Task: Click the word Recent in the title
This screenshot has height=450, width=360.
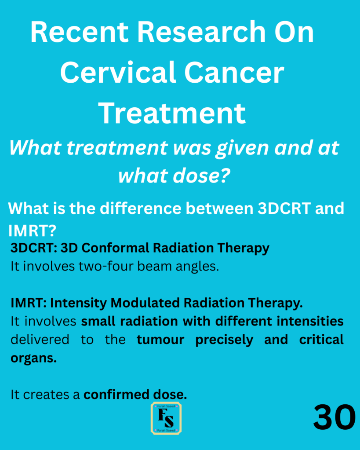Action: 80,32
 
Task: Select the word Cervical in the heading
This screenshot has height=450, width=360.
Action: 118,73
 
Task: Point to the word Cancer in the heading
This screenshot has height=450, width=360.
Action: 234,73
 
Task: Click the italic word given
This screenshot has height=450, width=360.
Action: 243,149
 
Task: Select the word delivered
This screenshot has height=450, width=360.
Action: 40,340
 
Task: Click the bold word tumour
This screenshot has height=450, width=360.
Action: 160,340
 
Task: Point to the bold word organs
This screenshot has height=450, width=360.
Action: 33,359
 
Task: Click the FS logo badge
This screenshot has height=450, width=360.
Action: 166,418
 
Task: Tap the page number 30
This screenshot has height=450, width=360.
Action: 335,417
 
